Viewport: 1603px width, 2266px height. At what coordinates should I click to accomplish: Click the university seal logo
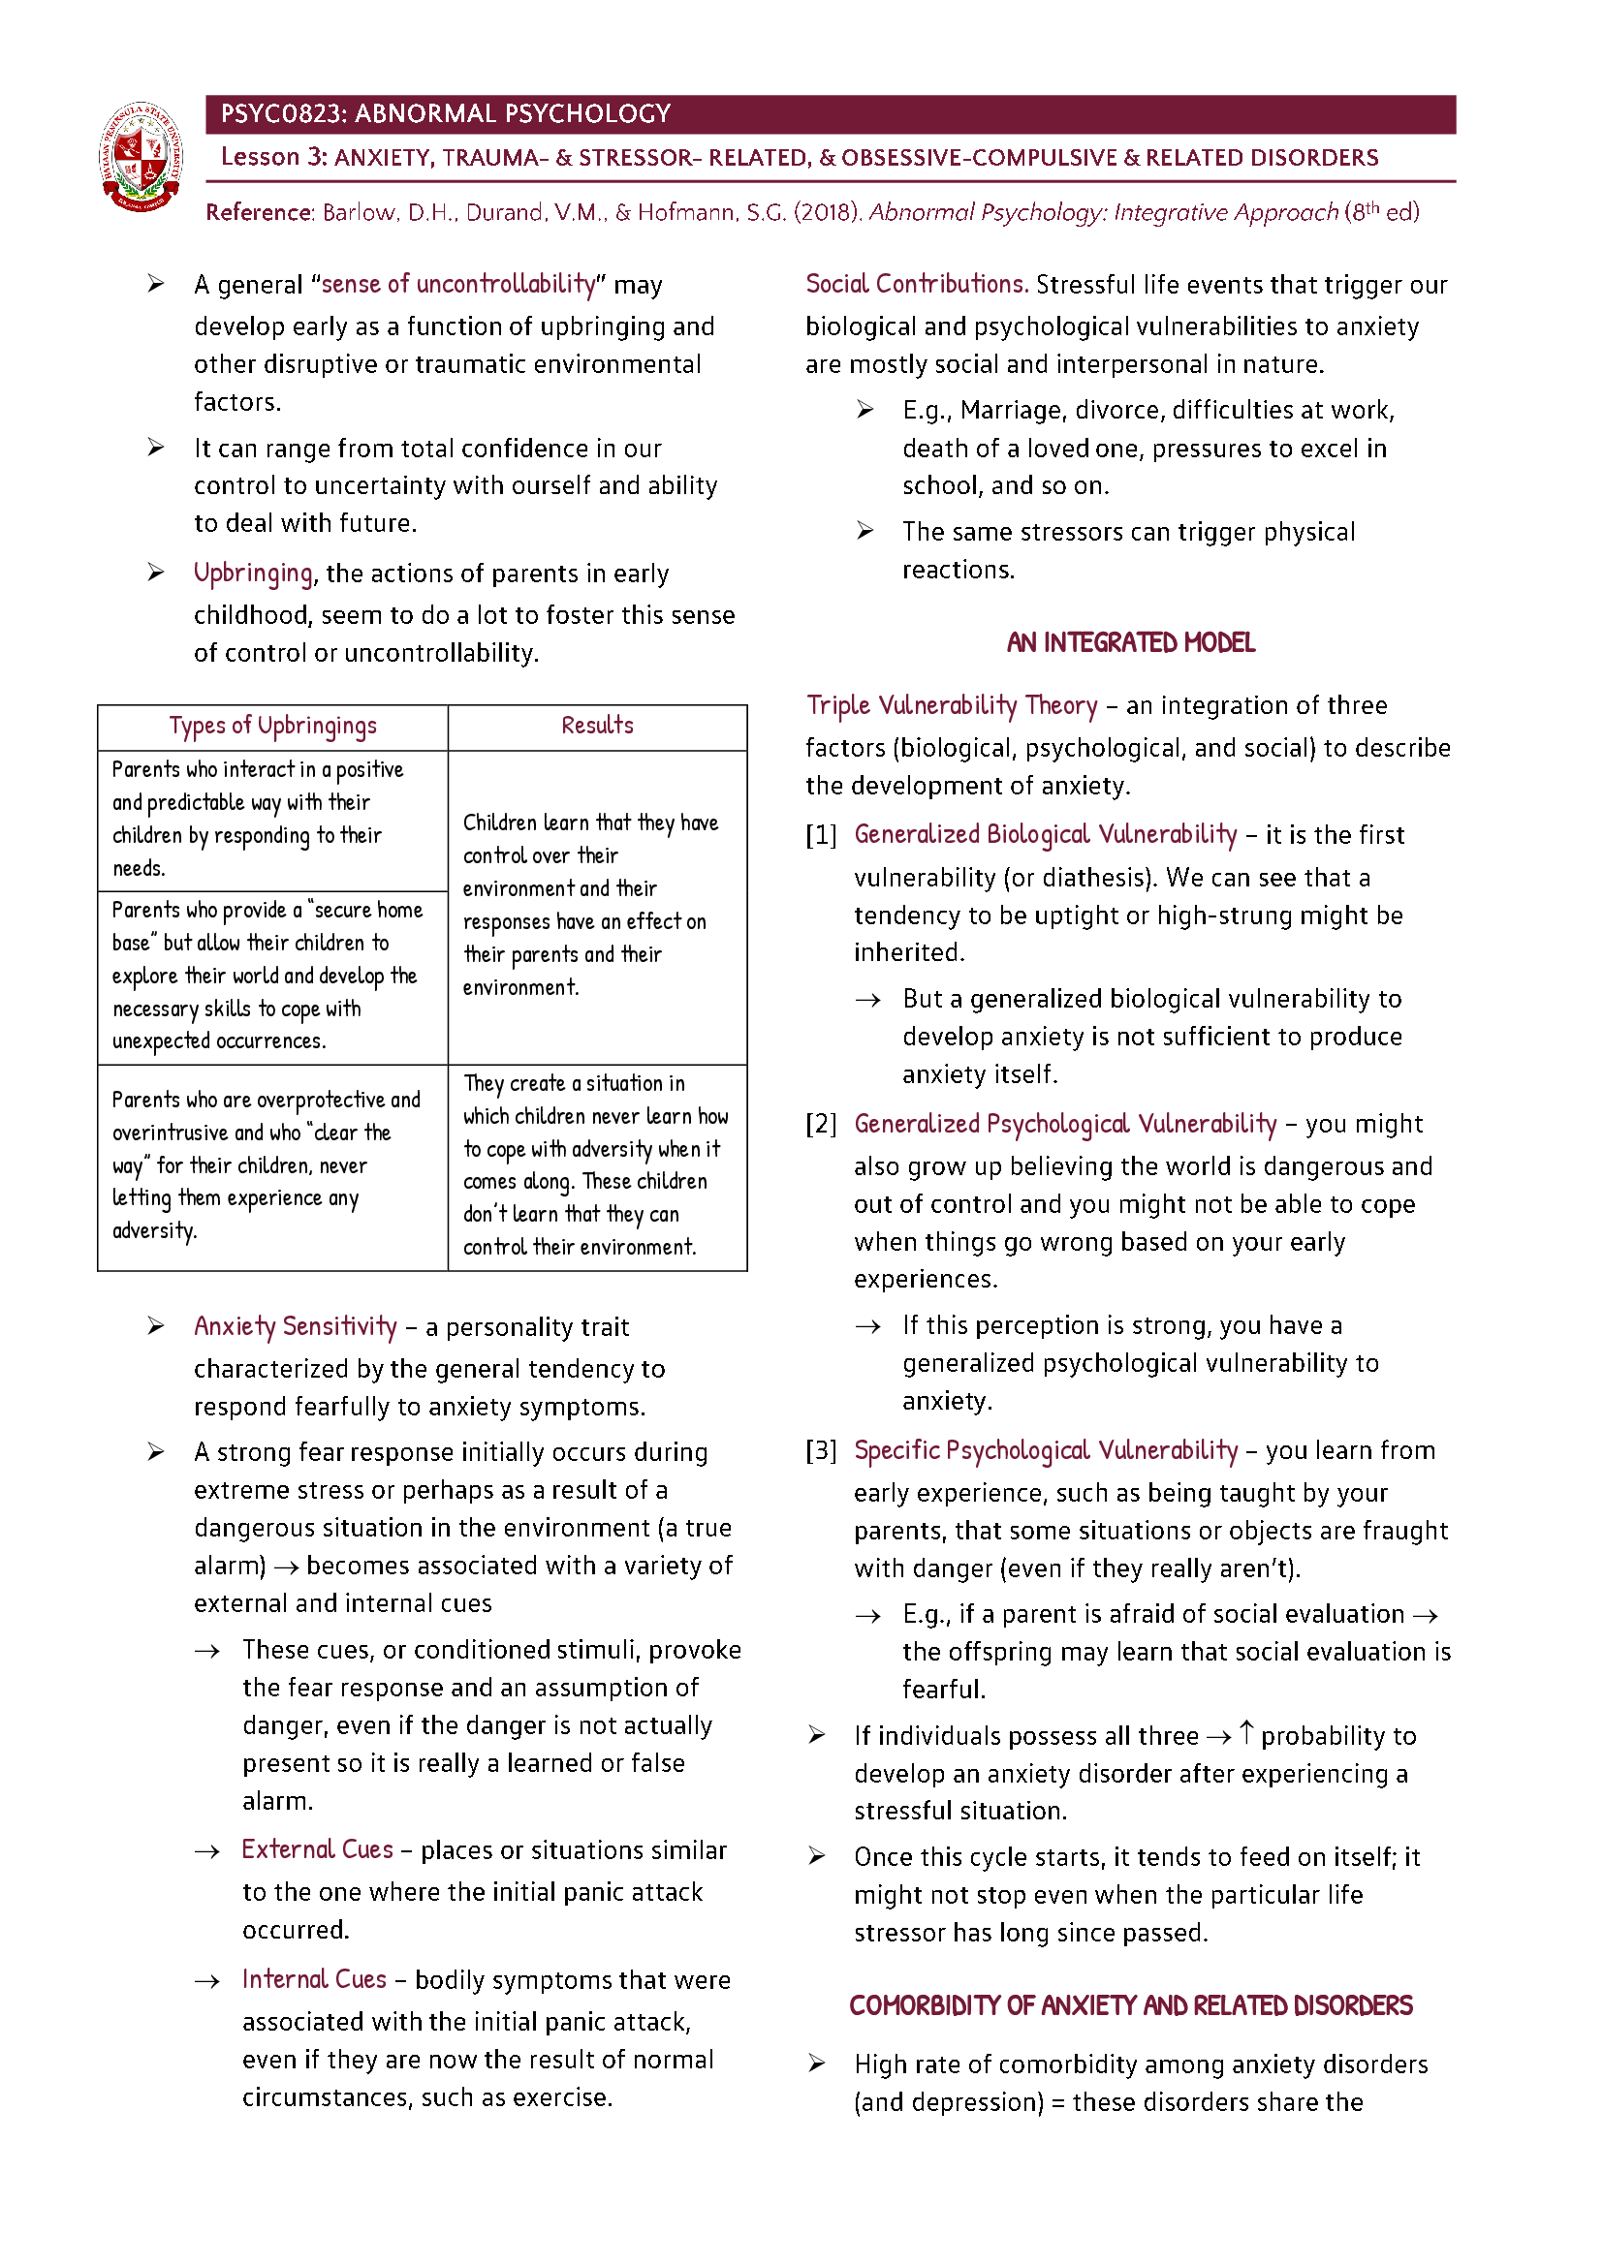click(x=141, y=156)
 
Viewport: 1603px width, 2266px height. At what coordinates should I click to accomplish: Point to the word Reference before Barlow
click(x=258, y=212)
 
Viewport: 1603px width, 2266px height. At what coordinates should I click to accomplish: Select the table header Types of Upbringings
click(x=272, y=726)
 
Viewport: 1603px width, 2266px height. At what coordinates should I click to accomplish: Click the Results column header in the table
click(x=596, y=726)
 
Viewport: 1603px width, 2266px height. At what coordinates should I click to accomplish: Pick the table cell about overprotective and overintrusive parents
click(x=266, y=1164)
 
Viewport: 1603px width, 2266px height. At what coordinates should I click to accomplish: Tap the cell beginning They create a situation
click(x=595, y=1164)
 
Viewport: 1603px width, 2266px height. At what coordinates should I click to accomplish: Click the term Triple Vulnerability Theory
click(x=951, y=704)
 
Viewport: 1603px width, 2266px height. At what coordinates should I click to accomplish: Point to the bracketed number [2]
click(x=820, y=1123)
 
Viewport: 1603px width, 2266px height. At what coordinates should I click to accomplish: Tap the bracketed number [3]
click(x=820, y=1450)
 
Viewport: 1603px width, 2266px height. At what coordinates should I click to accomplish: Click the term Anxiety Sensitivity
click(x=296, y=1325)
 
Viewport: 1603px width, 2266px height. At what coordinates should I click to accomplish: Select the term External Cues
click(x=317, y=1848)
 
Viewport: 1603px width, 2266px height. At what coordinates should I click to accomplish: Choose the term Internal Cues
click(x=314, y=1979)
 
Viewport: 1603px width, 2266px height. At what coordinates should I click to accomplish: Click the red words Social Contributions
click(x=916, y=284)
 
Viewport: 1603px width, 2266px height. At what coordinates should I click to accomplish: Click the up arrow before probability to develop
click(x=1245, y=1732)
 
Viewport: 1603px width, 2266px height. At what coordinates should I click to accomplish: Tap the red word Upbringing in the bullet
click(x=253, y=573)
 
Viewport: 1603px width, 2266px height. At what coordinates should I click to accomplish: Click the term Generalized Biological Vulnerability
click(x=1045, y=834)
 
